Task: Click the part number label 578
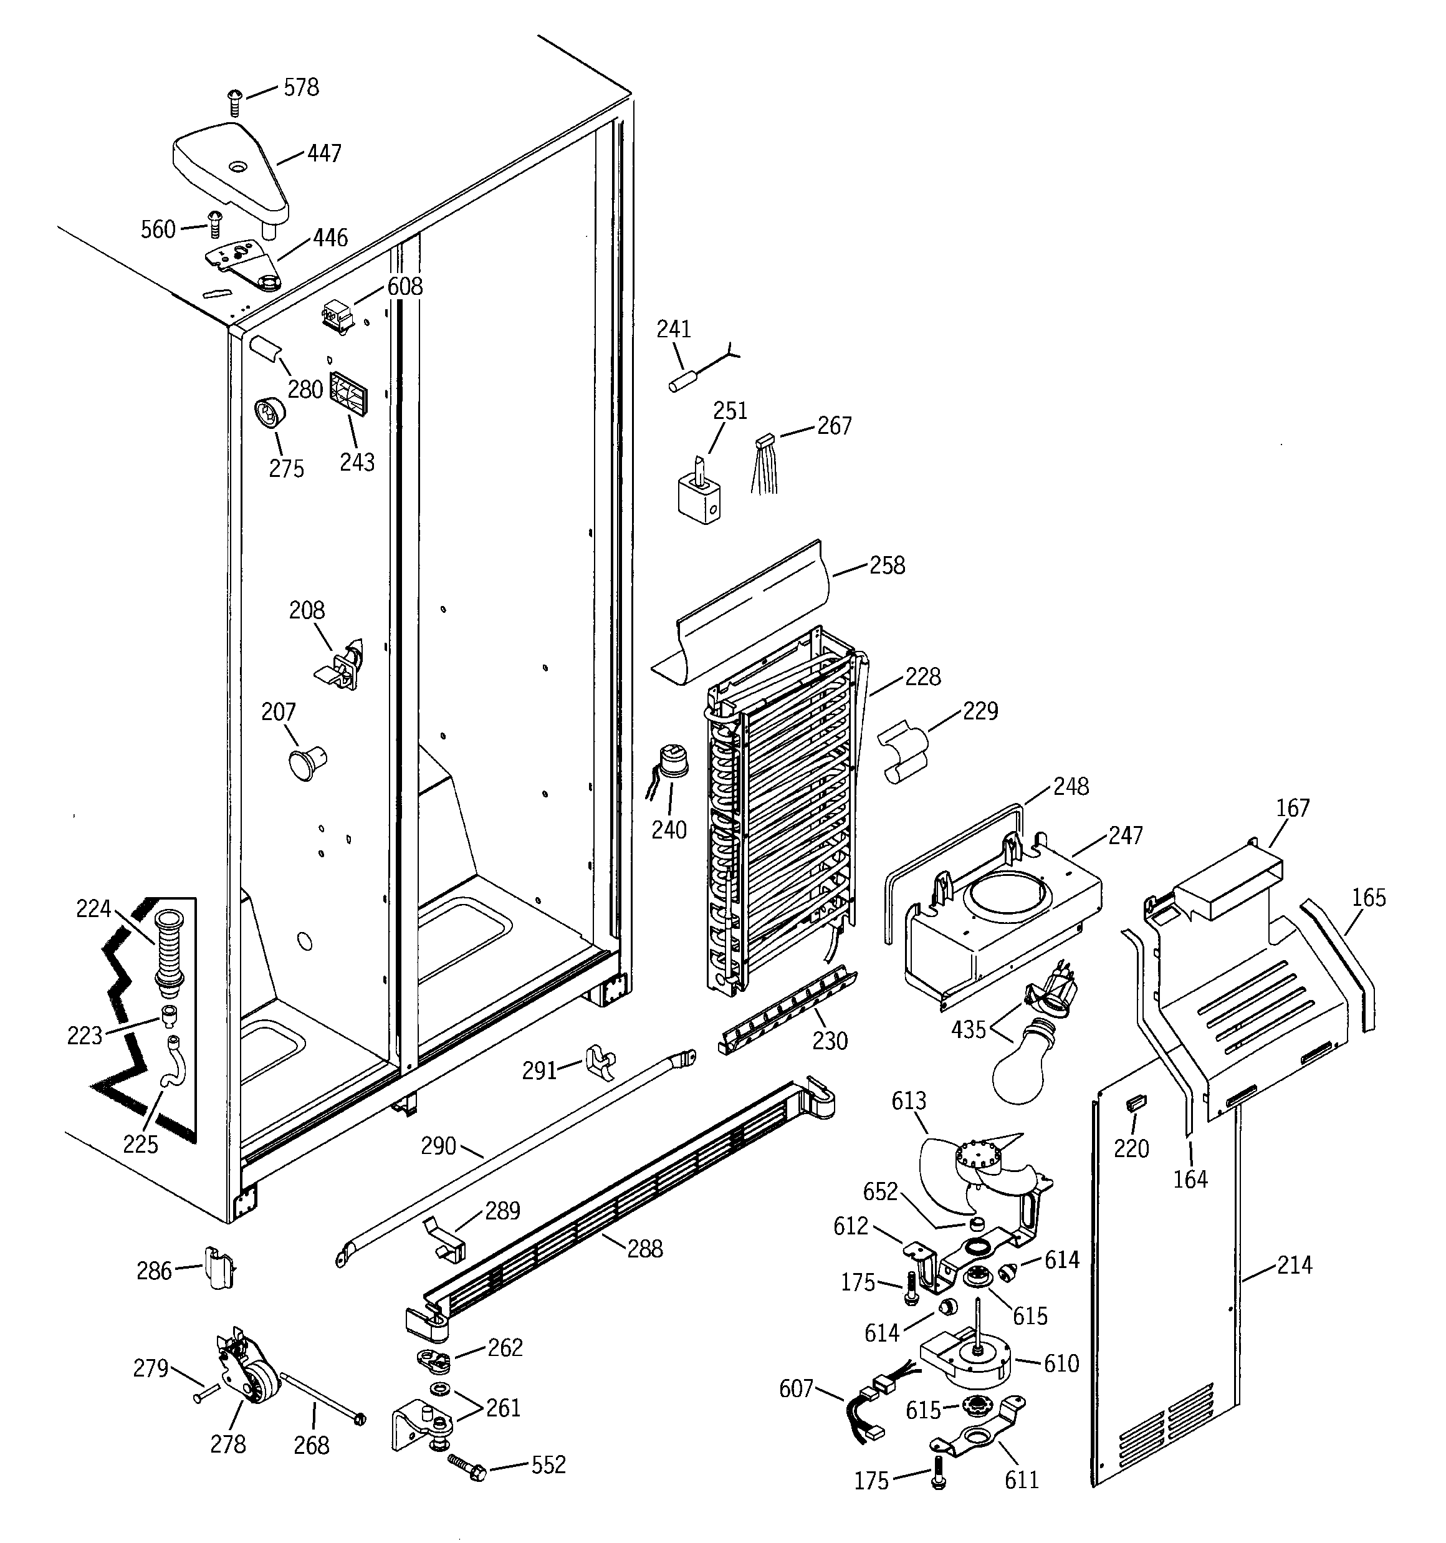[x=301, y=88]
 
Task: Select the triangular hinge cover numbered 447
[x=231, y=169]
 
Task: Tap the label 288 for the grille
[x=645, y=1249]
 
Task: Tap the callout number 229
[x=980, y=711]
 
